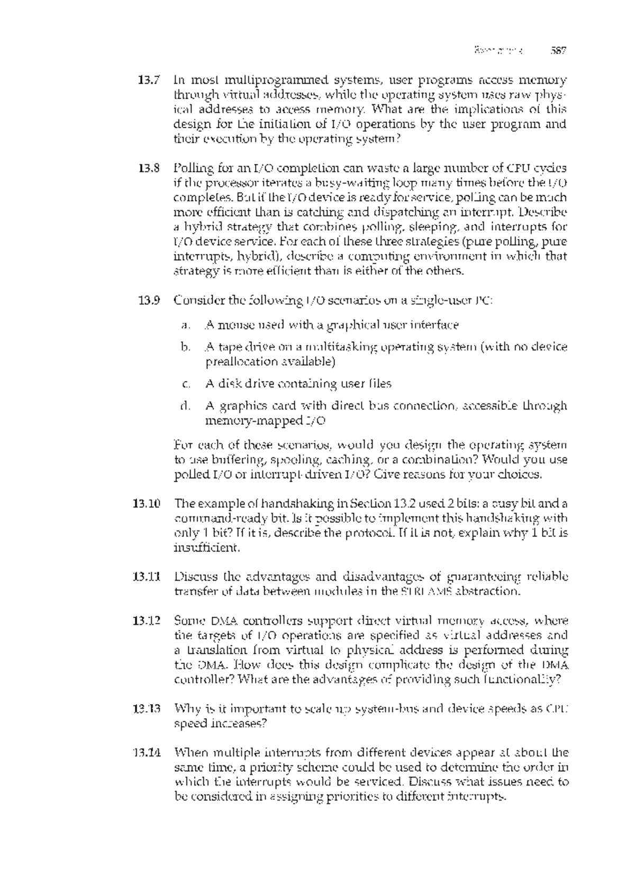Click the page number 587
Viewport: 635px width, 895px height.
(558, 51)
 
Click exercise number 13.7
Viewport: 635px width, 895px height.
(148, 81)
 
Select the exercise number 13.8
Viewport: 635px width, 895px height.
(148, 169)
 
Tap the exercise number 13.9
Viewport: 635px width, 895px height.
(148, 301)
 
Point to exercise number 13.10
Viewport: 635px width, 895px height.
(146, 503)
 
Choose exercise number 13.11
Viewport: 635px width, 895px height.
(146, 577)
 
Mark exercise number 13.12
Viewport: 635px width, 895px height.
(146, 620)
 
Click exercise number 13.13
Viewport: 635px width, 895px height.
(146, 708)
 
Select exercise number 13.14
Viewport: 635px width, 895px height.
(146, 752)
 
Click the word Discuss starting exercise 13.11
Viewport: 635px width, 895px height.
(194, 577)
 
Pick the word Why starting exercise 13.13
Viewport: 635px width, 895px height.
(185, 708)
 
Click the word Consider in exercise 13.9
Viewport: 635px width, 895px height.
(199, 301)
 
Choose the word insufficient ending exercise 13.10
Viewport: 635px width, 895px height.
(207, 547)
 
